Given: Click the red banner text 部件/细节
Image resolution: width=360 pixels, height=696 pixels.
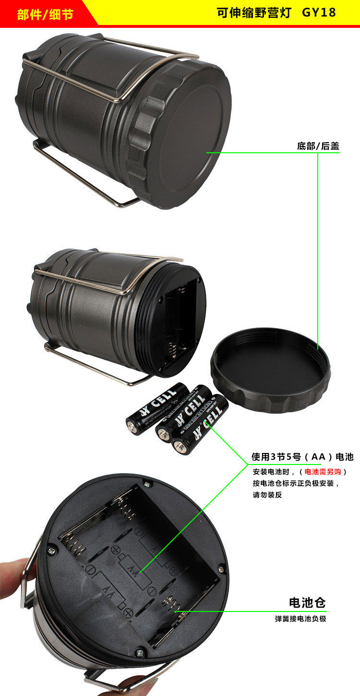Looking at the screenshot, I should (45, 14).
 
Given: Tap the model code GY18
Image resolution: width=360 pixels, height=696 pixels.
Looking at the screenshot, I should (319, 13).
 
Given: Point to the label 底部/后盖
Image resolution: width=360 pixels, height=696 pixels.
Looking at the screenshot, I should (318, 146).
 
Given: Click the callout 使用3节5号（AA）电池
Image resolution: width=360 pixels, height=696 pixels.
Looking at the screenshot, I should (302, 456).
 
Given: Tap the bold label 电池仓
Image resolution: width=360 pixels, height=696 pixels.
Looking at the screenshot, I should (307, 602).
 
